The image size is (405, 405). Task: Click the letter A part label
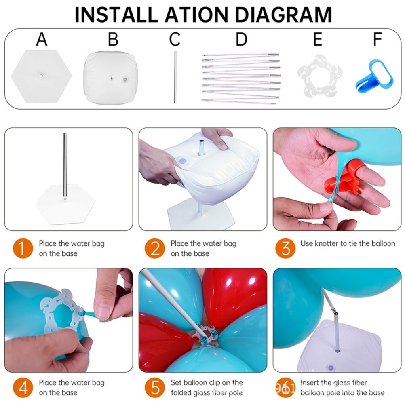tap(42, 40)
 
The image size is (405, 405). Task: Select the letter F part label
tap(377, 40)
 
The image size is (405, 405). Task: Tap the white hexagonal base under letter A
tap(41, 76)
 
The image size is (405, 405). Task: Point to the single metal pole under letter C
tap(175, 77)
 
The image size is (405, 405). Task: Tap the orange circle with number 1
tap(23, 249)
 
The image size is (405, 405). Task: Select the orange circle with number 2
tap(155, 249)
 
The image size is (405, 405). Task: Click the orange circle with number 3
tap(285, 249)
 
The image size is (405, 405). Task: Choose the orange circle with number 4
tap(23, 387)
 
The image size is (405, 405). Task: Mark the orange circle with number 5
tap(155, 387)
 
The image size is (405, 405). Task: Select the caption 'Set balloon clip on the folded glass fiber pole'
tap(207, 387)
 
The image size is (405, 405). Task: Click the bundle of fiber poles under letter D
tap(240, 78)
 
